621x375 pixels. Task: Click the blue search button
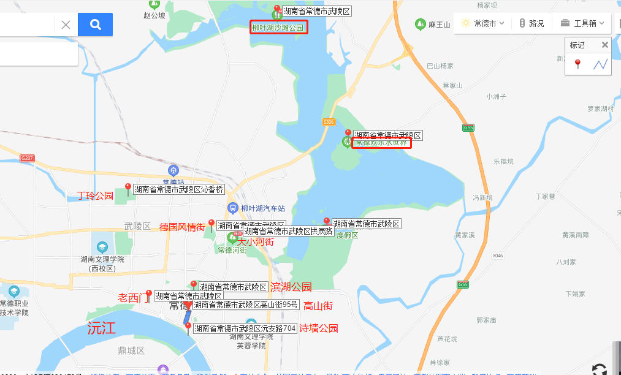[x=95, y=25]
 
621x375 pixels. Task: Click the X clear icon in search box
[x=66, y=25]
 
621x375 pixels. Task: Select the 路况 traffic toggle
[x=531, y=23]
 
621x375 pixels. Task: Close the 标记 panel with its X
[x=604, y=45]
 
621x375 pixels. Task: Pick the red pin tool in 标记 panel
[x=577, y=64]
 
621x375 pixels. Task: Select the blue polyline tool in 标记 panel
[x=600, y=64]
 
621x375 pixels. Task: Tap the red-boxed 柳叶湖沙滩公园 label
[x=278, y=28]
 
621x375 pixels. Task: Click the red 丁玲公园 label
[x=95, y=196]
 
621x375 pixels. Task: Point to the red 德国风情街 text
[x=182, y=227]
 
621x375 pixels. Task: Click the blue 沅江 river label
[x=101, y=327]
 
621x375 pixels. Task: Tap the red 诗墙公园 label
[x=319, y=328]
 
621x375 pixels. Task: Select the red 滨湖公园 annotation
[x=291, y=287]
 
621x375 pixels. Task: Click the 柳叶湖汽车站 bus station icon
[x=233, y=208]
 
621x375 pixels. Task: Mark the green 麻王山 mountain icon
[x=420, y=25]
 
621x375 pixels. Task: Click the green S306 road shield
[x=329, y=122]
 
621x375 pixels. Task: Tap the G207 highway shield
[x=27, y=158]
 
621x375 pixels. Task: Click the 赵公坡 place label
[x=154, y=15]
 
